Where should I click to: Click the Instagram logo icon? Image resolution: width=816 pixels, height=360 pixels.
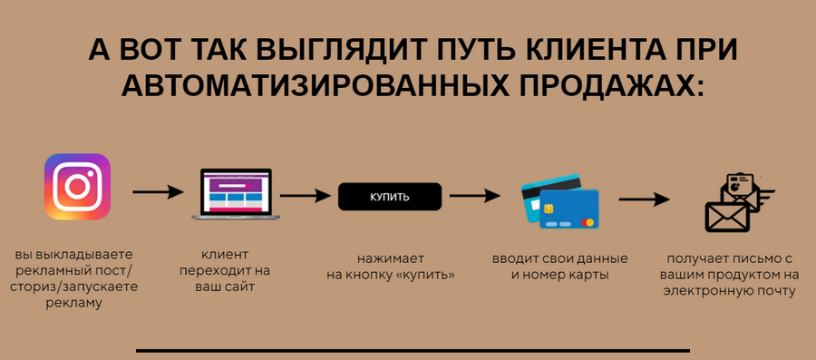pyautogui.click(x=77, y=187)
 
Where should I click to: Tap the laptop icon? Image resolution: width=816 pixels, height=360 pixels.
pyautogui.click(x=232, y=193)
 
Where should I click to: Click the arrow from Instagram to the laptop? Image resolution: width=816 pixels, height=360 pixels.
pyautogui.click(x=158, y=192)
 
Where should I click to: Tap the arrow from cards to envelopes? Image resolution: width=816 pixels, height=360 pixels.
pyautogui.click(x=644, y=199)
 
